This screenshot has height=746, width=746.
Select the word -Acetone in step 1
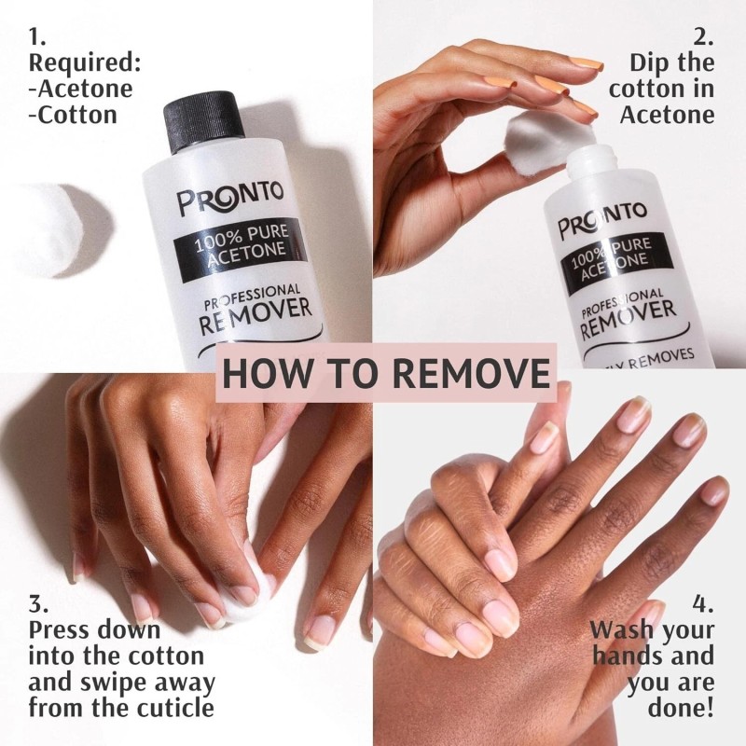tap(80, 89)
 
